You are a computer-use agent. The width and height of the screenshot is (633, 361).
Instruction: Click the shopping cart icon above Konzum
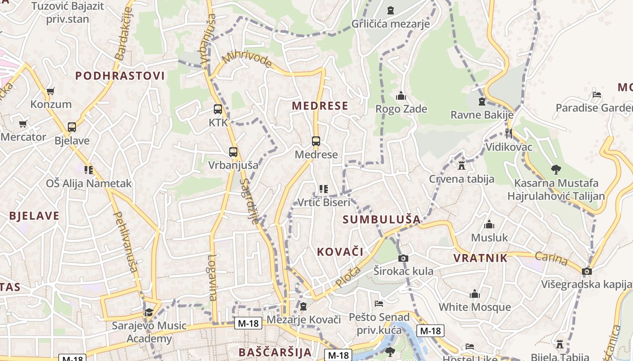[50, 91]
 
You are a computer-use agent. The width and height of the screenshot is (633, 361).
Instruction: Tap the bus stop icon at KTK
[218, 109]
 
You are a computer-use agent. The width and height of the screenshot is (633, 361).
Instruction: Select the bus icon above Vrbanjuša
[233, 152]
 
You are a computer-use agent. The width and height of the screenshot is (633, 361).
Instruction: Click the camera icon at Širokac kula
[403, 258]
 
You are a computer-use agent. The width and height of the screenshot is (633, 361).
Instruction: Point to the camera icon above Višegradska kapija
[587, 271]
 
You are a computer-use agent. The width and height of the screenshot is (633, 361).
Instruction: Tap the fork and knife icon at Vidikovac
[509, 134]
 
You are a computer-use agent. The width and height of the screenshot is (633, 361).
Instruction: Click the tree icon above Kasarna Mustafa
[556, 170]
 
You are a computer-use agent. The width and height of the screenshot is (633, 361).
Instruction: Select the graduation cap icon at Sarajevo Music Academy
[149, 312]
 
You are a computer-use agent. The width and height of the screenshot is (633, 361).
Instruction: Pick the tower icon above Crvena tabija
[462, 166]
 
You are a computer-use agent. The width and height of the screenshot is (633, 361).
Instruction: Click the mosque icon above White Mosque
[475, 294]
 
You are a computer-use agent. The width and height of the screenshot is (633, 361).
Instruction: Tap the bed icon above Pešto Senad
[379, 304]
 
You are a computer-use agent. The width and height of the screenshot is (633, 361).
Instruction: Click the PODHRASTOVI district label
[120, 76]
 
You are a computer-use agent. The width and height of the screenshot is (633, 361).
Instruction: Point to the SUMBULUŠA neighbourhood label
[382, 220]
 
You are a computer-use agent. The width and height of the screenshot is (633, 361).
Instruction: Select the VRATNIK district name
[481, 258]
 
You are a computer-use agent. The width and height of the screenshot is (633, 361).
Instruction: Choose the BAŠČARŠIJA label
[275, 352]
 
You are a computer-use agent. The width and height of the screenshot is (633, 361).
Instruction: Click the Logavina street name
[213, 278]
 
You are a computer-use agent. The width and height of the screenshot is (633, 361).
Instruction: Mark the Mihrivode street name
[247, 60]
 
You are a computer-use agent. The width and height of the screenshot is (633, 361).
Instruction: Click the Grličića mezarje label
[391, 23]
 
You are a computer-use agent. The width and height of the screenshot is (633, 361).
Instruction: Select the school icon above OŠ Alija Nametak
[89, 170]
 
